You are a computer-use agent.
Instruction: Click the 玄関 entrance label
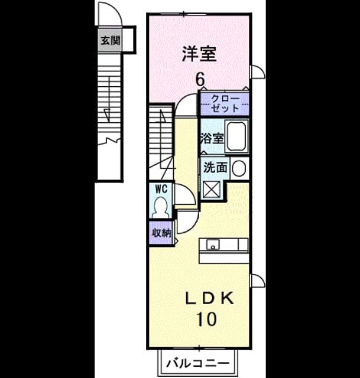pos(111,41)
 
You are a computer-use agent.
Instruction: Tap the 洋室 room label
pos(199,54)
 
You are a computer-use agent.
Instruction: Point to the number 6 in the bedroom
pos(200,79)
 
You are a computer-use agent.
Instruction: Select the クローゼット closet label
pos(225,104)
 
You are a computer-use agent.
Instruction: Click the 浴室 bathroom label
pos(212,138)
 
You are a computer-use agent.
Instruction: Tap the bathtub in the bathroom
pos(236,136)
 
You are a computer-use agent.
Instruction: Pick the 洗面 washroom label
pos(216,167)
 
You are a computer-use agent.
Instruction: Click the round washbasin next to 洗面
pos(239,168)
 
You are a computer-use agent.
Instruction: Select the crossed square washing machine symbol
pos(212,190)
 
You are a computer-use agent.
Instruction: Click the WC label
pos(161,189)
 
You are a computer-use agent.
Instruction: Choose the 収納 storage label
pos(161,233)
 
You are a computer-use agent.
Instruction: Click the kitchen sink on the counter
pos(213,245)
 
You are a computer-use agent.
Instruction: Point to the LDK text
pos(209,299)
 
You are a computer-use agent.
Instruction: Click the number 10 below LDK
pos(207,319)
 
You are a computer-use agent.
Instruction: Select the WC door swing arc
pos(189,188)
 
